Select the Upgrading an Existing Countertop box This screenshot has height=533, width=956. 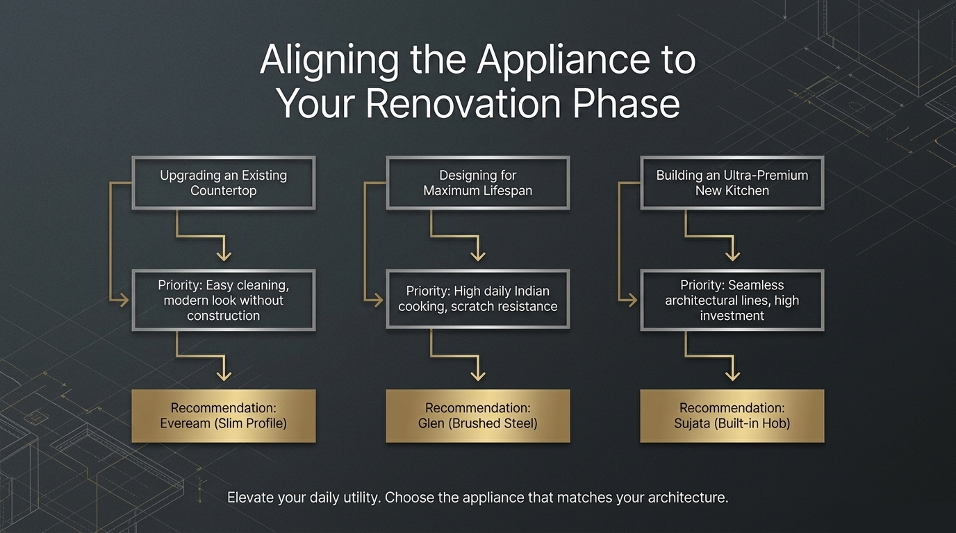[223, 183]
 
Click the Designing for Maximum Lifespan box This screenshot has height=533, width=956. [477, 183]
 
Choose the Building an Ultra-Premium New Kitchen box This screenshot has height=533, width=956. [732, 183]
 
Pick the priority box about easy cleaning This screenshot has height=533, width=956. [223, 300]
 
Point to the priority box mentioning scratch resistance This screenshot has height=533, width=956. [477, 299]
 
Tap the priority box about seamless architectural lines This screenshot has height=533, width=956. [732, 300]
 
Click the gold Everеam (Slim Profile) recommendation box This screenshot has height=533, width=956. [223, 415]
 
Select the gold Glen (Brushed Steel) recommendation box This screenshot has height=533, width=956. [477, 415]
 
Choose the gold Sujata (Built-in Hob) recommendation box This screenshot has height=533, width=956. [732, 415]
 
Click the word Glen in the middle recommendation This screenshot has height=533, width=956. [432, 423]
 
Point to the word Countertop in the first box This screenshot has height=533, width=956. [223, 191]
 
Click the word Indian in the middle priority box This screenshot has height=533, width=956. [531, 291]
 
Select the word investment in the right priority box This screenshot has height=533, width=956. [732, 316]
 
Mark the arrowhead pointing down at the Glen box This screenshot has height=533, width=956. [477, 375]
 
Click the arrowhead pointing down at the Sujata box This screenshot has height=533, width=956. [732, 375]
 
